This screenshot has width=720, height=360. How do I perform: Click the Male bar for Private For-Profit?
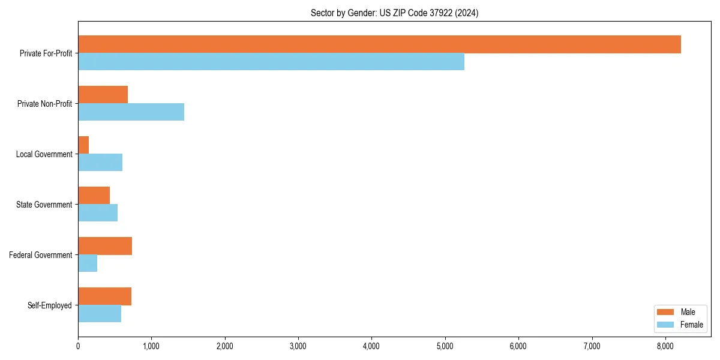click(x=379, y=44)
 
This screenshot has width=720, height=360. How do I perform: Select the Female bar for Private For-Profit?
click(x=271, y=61)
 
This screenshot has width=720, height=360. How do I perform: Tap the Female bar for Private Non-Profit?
click(x=131, y=112)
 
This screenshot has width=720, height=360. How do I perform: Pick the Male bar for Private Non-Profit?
click(x=103, y=95)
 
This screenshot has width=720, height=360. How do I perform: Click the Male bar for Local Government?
click(x=83, y=145)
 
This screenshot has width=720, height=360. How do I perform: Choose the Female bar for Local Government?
click(x=100, y=162)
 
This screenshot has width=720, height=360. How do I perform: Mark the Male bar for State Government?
click(x=94, y=196)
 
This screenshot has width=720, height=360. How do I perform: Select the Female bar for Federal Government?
click(x=88, y=263)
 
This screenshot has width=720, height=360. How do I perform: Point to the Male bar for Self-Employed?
click(x=104, y=296)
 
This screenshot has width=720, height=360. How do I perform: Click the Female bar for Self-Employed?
click(x=100, y=313)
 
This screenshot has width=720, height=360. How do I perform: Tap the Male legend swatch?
click(x=666, y=312)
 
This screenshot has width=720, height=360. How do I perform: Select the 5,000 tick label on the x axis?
click(x=445, y=346)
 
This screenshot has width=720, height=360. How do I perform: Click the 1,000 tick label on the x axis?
click(x=151, y=346)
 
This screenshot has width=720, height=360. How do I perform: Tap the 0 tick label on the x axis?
click(x=78, y=346)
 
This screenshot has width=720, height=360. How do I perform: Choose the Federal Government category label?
click(x=41, y=255)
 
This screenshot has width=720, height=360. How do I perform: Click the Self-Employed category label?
click(x=50, y=305)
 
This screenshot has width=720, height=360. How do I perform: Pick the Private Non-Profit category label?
click(x=45, y=104)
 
